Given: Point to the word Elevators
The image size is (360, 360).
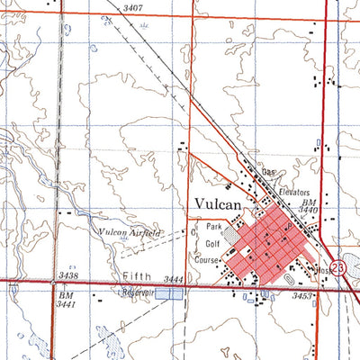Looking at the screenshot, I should coord(293,193).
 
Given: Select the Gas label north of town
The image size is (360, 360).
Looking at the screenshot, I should coord(267,172).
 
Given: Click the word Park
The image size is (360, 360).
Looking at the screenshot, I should coord(213,227).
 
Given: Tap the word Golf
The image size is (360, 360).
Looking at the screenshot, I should coord(212,243).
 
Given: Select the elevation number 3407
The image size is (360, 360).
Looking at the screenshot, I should coord(133,8).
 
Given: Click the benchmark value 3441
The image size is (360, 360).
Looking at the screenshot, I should coord(66,307).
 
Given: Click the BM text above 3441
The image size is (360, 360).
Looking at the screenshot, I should coord(65,295).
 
